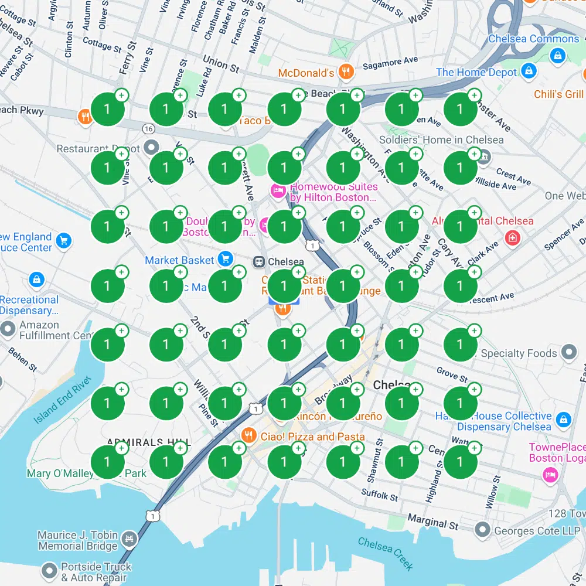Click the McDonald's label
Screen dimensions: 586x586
click(x=306, y=73)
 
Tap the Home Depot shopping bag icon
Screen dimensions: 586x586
click(x=529, y=71)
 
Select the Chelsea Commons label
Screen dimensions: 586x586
click(x=533, y=39)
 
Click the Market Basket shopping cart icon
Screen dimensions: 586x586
click(x=224, y=258)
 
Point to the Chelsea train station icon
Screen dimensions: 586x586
click(x=258, y=262)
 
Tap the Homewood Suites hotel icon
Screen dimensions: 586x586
click(x=277, y=190)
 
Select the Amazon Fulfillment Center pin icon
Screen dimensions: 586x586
click(x=8, y=329)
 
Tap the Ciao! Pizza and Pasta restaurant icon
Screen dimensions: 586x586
click(x=248, y=435)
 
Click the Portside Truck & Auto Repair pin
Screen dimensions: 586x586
click(x=50, y=570)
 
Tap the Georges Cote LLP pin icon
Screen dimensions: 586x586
click(x=482, y=530)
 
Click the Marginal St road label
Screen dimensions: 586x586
click(x=433, y=522)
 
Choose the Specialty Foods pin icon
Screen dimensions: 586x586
click(x=568, y=352)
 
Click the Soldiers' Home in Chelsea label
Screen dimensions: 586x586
click(x=441, y=140)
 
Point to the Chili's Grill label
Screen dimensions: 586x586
click(x=558, y=94)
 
